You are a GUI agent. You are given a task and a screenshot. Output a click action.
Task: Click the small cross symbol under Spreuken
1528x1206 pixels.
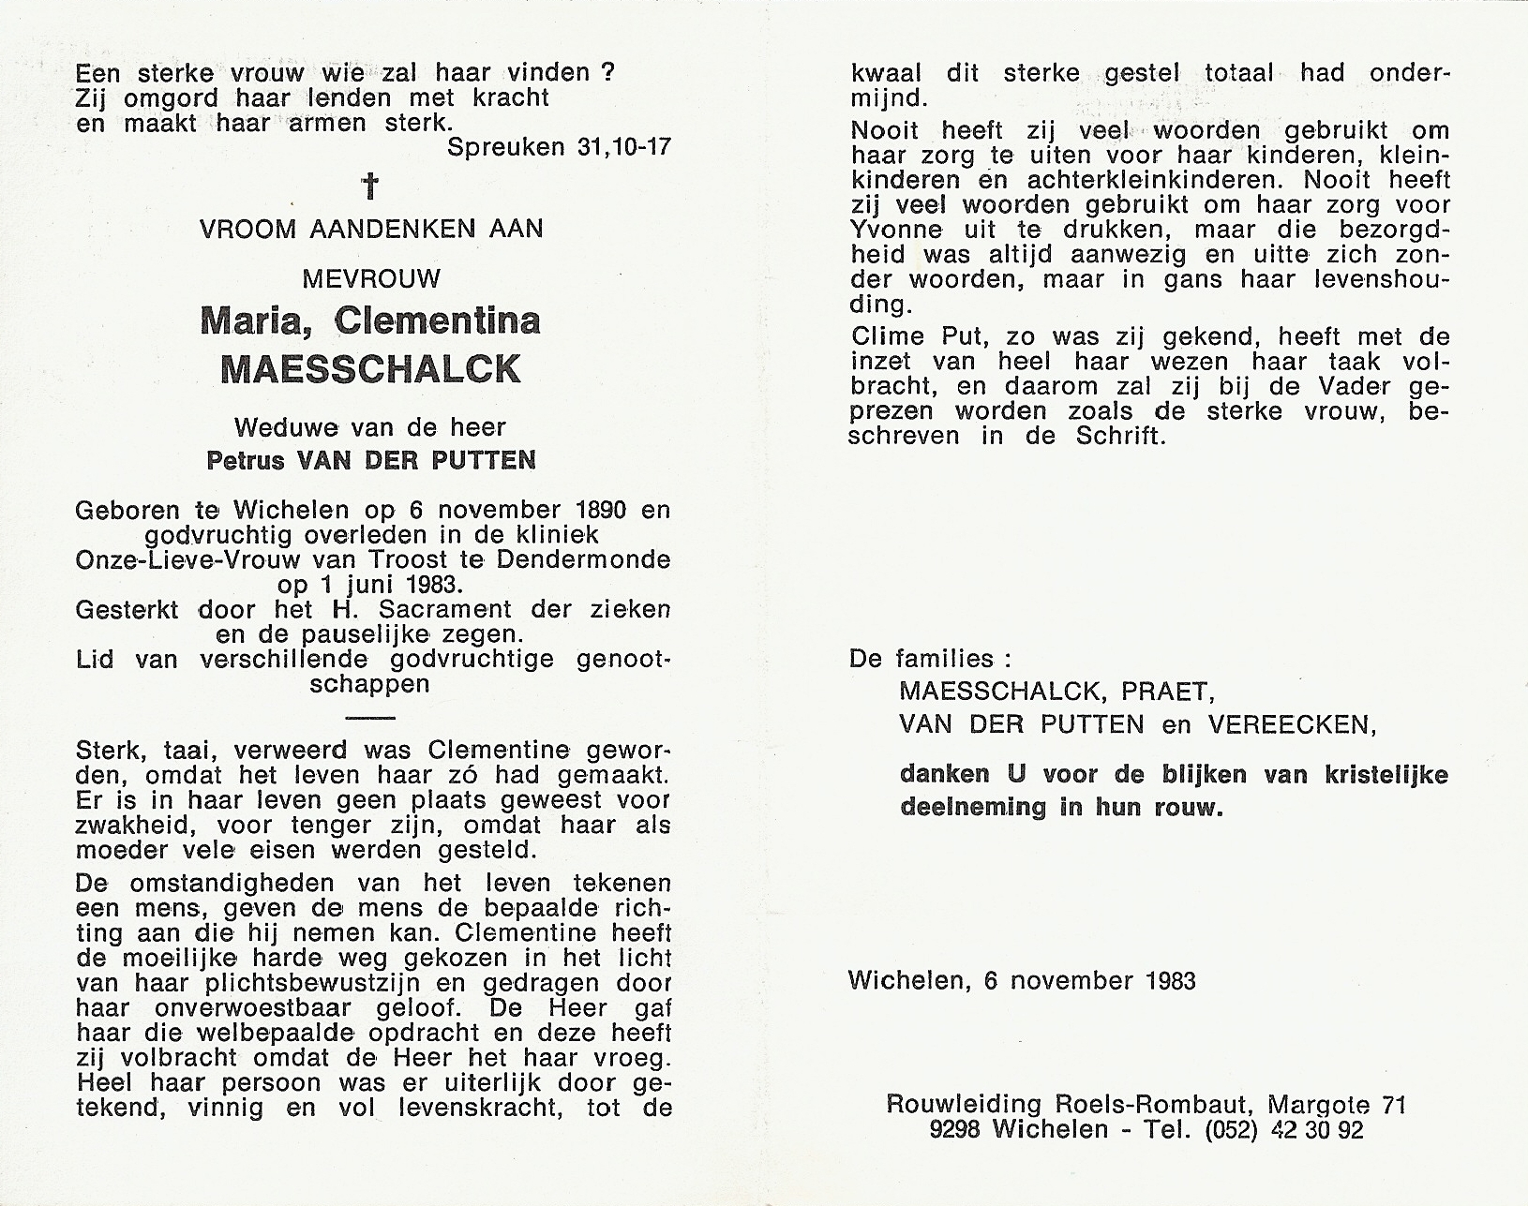pyautogui.click(x=371, y=187)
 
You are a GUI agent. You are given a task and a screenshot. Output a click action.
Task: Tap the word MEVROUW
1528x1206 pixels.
pyautogui.click(x=371, y=278)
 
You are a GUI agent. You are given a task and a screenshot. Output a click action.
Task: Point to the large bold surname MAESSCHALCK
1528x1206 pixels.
pyautogui.click(x=371, y=369)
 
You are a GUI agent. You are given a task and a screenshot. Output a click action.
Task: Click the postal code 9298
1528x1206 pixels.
pyautogui.click(x=954, y=1130)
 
